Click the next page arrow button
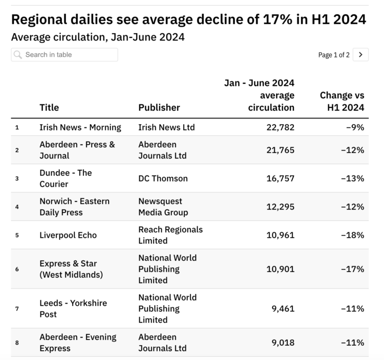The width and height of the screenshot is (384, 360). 360,55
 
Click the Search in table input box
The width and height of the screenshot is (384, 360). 65,55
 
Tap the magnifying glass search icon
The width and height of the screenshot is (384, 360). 17,55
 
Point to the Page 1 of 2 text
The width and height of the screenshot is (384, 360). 334,55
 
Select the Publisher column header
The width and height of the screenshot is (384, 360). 159,107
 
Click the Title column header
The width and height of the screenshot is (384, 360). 49,107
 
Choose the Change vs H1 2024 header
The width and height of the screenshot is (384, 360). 342,101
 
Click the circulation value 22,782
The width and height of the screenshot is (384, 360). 281,127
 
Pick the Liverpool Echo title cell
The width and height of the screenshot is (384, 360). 68,235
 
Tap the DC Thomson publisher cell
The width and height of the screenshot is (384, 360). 163,178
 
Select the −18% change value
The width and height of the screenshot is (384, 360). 353,235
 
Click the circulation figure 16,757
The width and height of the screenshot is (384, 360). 281,178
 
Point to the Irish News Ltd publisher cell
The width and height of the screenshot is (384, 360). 166,127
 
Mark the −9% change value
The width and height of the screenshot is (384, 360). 355,127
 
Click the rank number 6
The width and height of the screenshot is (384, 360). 17,269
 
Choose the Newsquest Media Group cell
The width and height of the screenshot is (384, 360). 163,207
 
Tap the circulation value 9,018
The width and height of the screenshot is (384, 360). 283,343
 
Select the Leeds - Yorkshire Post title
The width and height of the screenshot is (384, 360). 73,309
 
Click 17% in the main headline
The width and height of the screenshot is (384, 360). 278,19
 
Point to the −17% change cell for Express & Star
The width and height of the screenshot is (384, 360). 353,269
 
